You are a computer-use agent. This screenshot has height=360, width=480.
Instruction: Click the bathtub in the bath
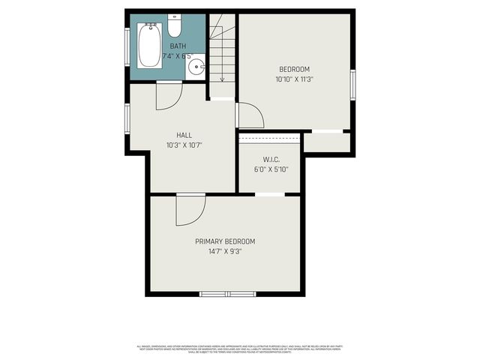[150, 45]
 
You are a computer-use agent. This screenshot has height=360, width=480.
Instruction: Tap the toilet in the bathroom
[175, 27]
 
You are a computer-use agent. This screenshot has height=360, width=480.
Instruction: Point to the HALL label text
[184, 135]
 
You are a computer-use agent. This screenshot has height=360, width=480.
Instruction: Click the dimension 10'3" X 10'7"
[184, 145]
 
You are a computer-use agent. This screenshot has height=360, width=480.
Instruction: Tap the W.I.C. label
[271, 159]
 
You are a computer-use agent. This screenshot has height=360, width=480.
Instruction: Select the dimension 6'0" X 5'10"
[271, 169]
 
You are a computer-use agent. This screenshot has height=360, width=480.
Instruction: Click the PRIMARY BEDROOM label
[225, 241]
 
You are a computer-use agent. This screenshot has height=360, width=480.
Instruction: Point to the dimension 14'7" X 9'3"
[225, 251]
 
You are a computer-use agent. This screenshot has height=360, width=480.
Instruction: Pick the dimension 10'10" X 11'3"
[294, 78]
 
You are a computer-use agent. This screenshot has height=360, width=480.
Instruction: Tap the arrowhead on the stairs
[222, 79]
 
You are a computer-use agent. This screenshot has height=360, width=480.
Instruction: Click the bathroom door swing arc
[169, 97]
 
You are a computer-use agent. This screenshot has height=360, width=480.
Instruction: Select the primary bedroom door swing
[190, 210]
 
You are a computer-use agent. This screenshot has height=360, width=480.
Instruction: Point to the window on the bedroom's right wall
[352, 84]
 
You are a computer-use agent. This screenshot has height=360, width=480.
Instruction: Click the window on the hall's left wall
[127, 118]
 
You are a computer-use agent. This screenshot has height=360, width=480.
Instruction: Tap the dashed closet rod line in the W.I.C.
[270, 139]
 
